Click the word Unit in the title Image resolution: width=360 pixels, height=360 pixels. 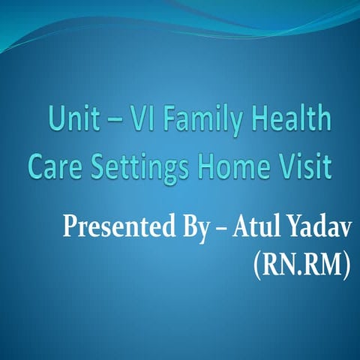pyautogui.click(x=70, y=120)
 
